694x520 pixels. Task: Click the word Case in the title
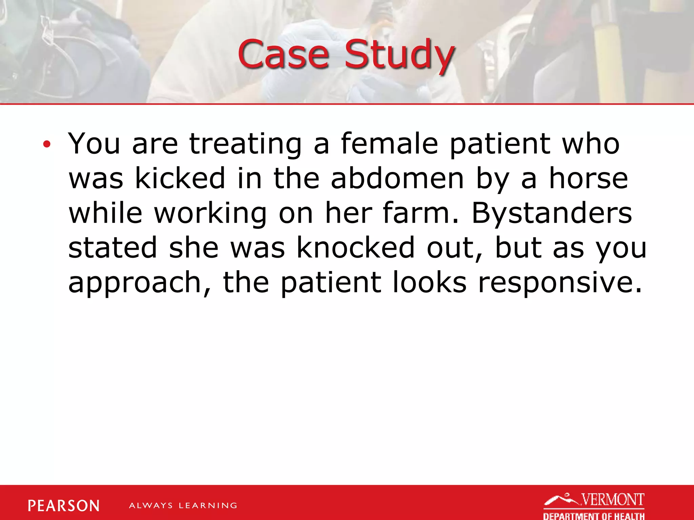click(283, 54)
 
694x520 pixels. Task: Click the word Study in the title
click(399, 55)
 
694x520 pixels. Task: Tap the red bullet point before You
click(46, 145)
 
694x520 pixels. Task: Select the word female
click(389, 144)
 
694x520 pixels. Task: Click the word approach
click(139, 283)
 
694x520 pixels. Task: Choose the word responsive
click(560, 283)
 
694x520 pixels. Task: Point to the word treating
click(245, 144)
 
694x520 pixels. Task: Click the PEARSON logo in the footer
click(64, 506)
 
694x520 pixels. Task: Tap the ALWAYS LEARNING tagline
click(183, 505)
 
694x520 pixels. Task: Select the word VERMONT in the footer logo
click(613, 500)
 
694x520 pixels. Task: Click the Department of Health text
click(594, 516)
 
